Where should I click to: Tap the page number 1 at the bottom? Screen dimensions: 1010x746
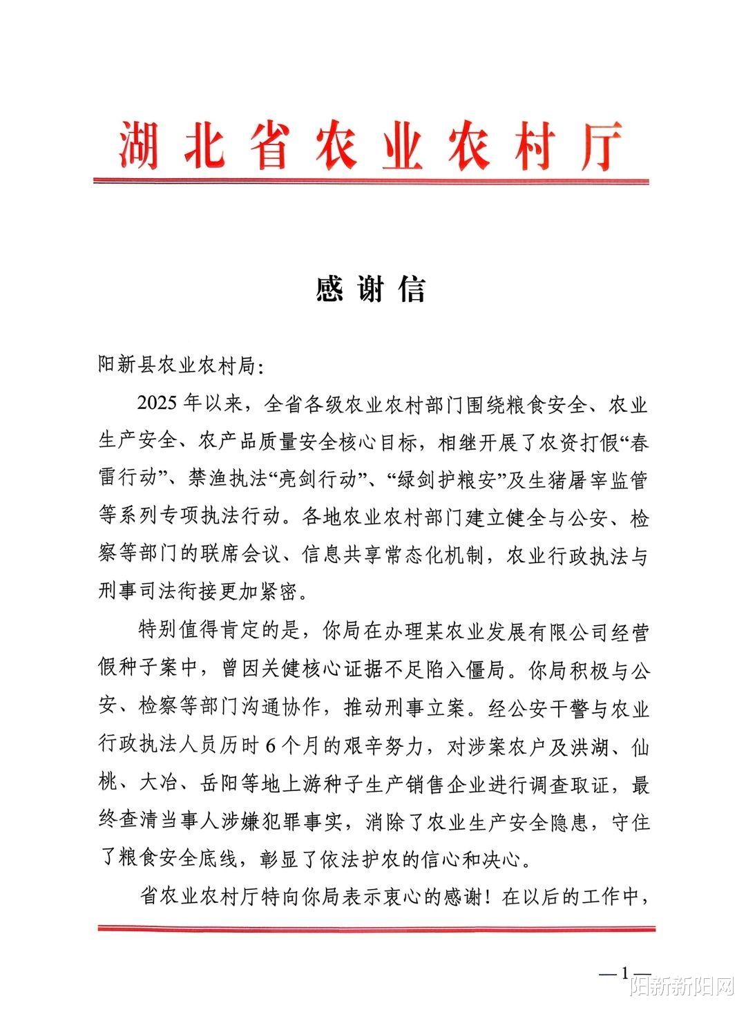626,973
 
